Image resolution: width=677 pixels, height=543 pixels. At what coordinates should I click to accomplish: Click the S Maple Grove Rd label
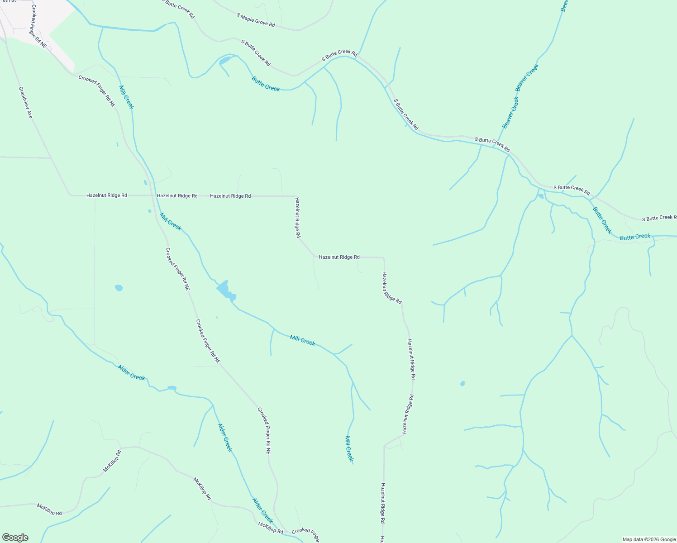[255, 20]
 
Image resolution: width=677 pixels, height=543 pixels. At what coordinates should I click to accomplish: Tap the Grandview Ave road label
[26, 103]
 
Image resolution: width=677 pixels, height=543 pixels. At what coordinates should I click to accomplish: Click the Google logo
[15, 538]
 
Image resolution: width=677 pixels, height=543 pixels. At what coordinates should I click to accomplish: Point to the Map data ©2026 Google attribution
[649, 539]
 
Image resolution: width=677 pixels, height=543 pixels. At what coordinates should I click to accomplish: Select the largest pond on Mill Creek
[225, 290]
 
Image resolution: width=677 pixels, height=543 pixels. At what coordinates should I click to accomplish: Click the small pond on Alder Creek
[172, 388]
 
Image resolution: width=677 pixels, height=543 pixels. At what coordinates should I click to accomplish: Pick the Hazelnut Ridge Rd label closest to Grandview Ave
[107, 195]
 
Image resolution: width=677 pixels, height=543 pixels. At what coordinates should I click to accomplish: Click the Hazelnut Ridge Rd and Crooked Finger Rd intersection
[152, 195]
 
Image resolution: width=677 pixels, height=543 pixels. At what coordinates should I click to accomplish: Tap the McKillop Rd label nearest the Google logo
[49, 509]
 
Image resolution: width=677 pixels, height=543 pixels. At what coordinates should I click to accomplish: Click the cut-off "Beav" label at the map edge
[564, 5]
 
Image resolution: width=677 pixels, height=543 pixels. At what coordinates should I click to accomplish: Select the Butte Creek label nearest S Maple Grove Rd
[266, 84]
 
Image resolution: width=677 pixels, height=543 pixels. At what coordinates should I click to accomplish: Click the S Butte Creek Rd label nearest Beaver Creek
[492, 144]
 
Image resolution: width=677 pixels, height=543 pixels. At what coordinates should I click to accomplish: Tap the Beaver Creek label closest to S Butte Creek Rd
[510, 113]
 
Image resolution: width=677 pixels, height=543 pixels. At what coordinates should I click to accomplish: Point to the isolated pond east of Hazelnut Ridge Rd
[462, 384]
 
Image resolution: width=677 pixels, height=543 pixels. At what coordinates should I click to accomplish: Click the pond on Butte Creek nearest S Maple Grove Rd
[225, 60]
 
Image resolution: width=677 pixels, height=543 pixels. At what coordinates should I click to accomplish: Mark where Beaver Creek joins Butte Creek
[492, 145]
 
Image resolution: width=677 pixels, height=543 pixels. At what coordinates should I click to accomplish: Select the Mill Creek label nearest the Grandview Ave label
[126, 97]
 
